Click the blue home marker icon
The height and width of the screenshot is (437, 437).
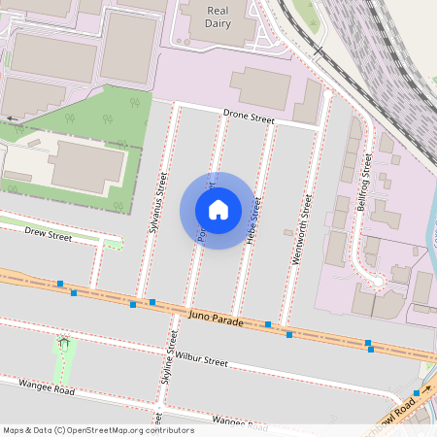(x=218, y=210)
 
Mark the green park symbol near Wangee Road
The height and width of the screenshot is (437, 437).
(x=64, y=341)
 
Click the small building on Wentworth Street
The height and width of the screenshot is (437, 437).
(x=286, y=232)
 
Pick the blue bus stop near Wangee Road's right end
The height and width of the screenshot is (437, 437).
(x=416, y=392)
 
